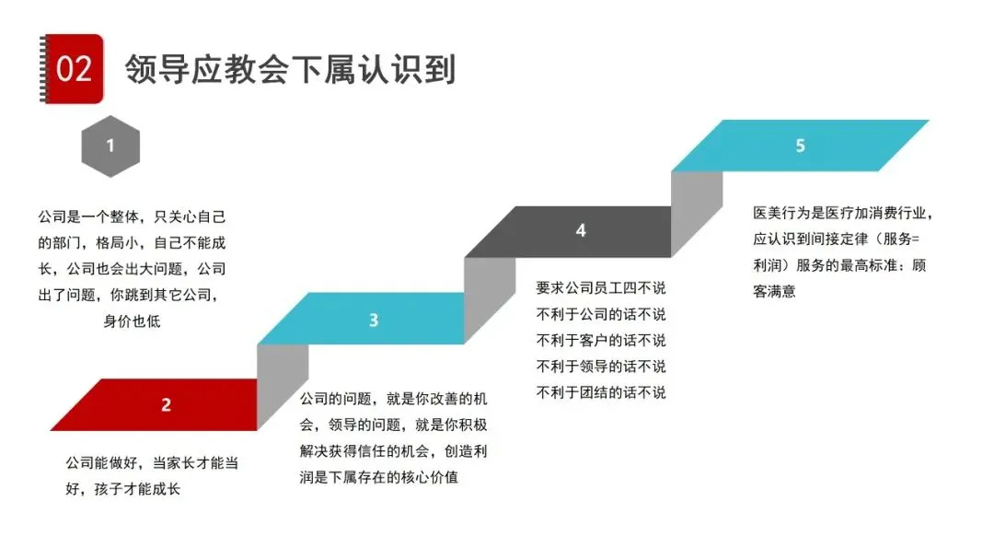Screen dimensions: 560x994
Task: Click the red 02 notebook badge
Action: click(74, 68)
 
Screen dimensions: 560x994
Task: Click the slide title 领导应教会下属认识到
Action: click(291, 69)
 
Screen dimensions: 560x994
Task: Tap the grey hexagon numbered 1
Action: click(110, 146)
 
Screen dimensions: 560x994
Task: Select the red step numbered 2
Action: click(166, 404)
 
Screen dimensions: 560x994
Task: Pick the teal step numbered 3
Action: click(373, 320)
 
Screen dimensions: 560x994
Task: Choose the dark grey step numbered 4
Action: click(580, 231)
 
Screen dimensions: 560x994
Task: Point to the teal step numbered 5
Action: click(800, 146)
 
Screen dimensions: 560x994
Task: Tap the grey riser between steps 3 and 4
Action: click(489, 297)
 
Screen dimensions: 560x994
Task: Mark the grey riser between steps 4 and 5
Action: click(696, 212)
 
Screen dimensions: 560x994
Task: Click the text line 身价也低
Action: click(132, 321)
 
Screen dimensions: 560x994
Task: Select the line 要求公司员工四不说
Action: click(600, 286)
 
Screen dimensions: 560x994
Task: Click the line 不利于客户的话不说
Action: click(600, 339)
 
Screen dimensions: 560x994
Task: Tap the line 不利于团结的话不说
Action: click(600, 392)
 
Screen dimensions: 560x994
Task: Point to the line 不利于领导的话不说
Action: click(600, 366)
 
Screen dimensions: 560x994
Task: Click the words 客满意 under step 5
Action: click(773, 291)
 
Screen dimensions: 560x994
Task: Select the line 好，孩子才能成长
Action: click(122, 488)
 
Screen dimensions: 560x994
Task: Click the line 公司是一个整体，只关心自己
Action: click(132, 217)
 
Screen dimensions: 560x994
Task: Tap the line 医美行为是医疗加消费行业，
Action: click(843, 213)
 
